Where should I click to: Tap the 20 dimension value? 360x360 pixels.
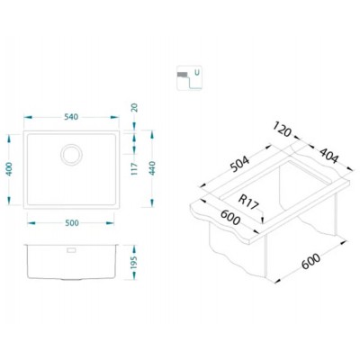tap(134, 109)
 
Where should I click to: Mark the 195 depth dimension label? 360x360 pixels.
tap(134, 258)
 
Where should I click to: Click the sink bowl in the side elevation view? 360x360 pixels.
tap(71, 261)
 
